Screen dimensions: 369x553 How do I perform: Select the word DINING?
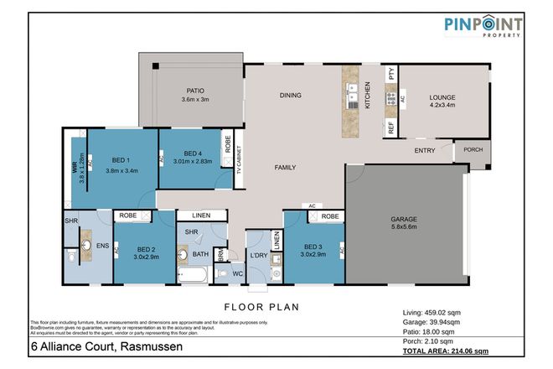pyautogui.click(x=290, y=96)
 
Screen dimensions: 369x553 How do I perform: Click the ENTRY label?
pyautogui.click(x=425, y=151)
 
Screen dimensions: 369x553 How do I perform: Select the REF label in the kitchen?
pyautogui.click(x=390, y=127)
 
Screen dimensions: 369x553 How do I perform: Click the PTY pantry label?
pyautogui.click(x=390, y=74)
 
